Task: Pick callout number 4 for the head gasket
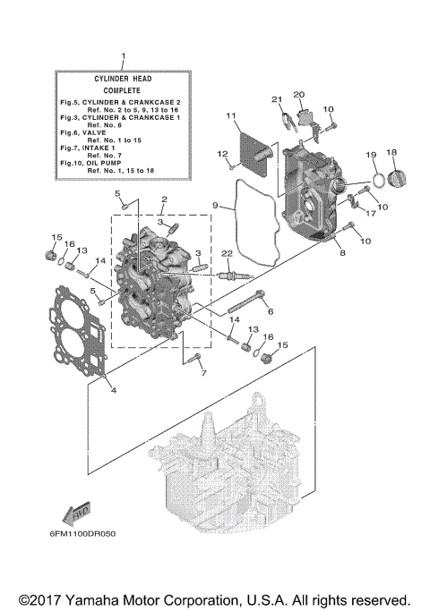click(113, 390)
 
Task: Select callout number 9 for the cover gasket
click(216, 205)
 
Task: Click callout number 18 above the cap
click(391, 153)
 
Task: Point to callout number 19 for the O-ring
click(370, 156)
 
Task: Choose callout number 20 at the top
click(299, 94)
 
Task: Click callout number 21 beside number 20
click(277, 98)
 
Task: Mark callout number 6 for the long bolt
click(271, 311)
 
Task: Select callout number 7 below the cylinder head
click(202, 372)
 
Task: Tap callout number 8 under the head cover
click(340, 253)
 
